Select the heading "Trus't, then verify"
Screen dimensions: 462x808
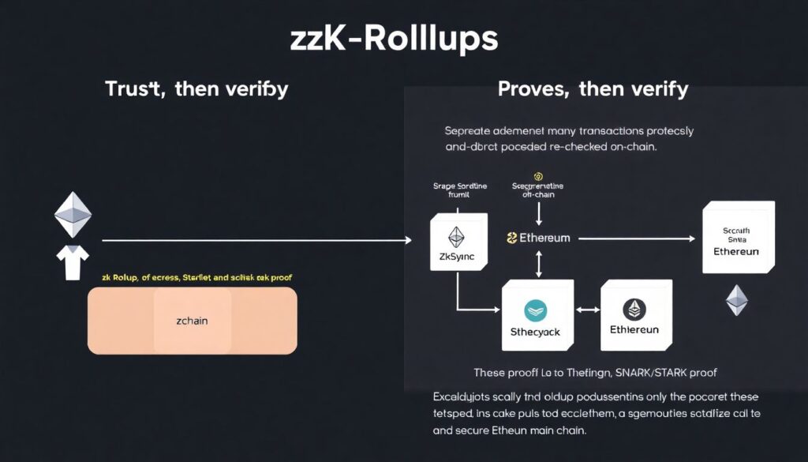[x=196, y=88]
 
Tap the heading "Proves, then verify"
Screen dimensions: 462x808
[x=593, y=88]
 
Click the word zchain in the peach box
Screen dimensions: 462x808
[x=192, y=321]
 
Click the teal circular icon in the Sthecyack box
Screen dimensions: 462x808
[x=536, y=310]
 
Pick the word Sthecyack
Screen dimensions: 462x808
[x=536, y=332]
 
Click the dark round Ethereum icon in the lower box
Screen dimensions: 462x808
[x=634, y=309]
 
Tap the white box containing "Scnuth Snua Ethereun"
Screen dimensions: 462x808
[x=738, y=237]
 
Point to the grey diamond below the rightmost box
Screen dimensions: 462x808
[x=737, y=300]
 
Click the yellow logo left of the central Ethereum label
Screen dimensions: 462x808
[x=511, y=238]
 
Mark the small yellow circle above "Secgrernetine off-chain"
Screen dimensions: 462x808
[x=538, y=176]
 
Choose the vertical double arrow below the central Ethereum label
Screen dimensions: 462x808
[x=538, y=264]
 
